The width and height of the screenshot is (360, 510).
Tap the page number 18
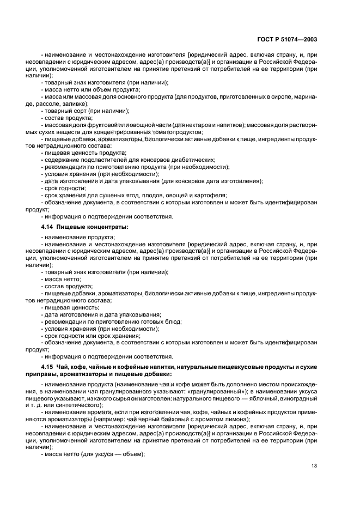314,466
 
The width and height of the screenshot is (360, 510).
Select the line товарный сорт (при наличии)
80,111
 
